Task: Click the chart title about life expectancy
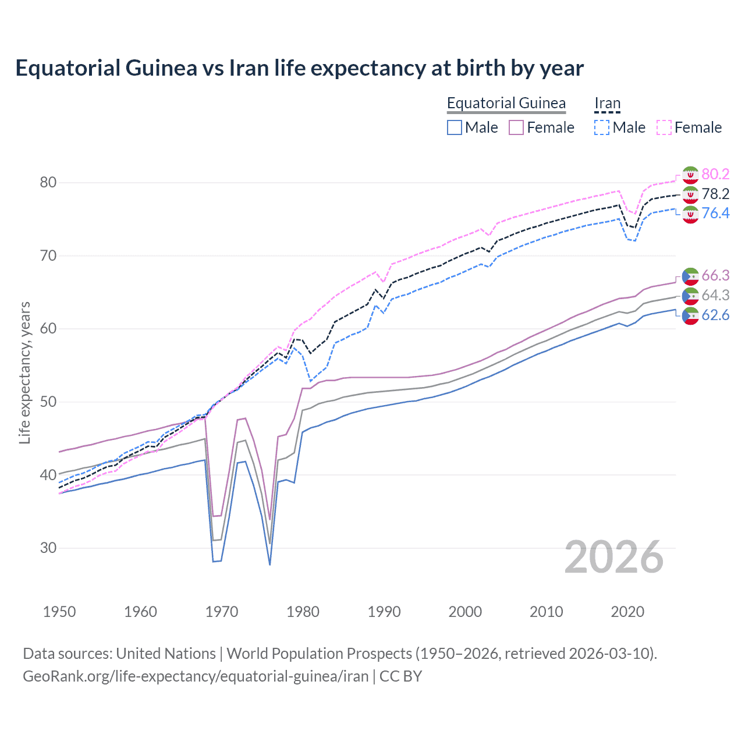tap(299, 68)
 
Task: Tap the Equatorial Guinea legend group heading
tap(506, 103)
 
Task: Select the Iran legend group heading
tap(607, 103)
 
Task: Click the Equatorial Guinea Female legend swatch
tap(516, 127)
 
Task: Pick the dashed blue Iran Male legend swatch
tap(602, 127)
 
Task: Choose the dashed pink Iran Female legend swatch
tap(664, 127)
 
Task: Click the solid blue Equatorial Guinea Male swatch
tap(455, 127)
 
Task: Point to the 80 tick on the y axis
tap(48, 183)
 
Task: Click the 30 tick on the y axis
tap(48, 548)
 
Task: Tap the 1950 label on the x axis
tap(59, 612)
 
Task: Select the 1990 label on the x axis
tap(384, 612)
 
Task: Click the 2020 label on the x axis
tap(627, 612)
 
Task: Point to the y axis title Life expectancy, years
tap(24, 372)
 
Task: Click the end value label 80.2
tap(715, 174)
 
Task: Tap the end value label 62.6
tap(715, 315)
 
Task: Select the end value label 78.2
tap(715, 194)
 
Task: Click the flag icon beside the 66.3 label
tap(690, 276)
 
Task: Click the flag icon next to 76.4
tap(690, 214)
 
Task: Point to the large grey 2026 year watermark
tap(614, 557)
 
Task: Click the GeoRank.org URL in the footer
tap(196, 676)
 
